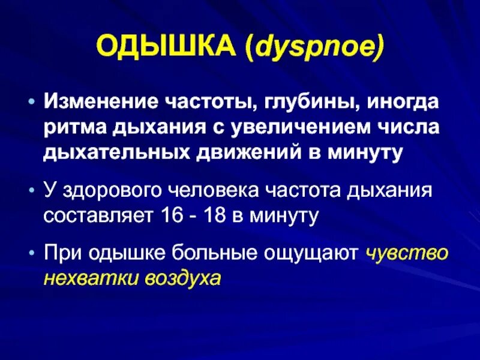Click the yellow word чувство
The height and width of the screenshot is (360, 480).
pyautogui.click(x=407, y=254)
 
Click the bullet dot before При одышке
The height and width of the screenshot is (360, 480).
pyautogui.click(x=32, y=254)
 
